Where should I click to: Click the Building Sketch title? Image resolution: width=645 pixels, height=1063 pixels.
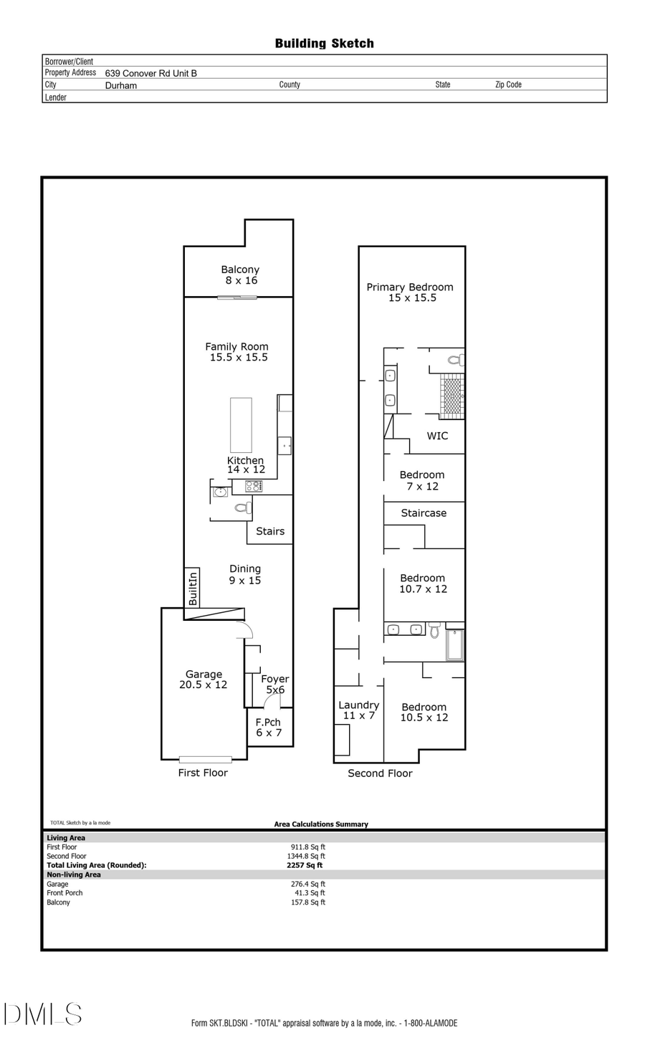(x=324, y=44)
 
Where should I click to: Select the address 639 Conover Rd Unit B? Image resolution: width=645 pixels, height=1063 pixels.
(x=150, y=73)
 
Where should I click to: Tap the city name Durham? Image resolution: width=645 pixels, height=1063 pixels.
(x=120, y=85)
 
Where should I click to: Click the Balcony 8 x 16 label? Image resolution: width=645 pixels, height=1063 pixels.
(x=240, y=275)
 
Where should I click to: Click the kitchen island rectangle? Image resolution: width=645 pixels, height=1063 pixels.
(x=241, y=425)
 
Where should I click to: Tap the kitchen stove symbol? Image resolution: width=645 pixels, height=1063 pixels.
(x=254, y=486)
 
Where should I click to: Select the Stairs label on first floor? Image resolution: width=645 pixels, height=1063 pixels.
(x=270, y=531)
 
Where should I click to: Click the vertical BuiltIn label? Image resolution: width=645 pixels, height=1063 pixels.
(x=192, y=588)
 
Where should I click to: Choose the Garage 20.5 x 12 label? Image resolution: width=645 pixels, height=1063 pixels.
(x=204, y=680)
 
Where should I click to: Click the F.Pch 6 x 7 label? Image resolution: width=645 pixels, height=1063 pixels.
(x=269, y=728)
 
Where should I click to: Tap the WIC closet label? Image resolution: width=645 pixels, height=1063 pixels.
(x=437, y=436)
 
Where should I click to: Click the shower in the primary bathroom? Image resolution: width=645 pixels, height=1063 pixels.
(x=451, y=396)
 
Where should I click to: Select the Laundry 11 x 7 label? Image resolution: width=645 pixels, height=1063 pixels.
(x=358, y=710)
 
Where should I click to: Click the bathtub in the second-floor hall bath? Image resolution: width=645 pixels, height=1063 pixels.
(x=455, y=644)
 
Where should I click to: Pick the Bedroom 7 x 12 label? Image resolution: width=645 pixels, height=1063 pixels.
(x=422, y=480)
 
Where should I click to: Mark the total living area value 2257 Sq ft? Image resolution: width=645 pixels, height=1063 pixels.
(x=305, y=865)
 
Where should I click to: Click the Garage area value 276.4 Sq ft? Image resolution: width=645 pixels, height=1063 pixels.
(x=308, y=884)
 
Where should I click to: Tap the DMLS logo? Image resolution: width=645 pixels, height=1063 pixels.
(x=43, y=1014)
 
